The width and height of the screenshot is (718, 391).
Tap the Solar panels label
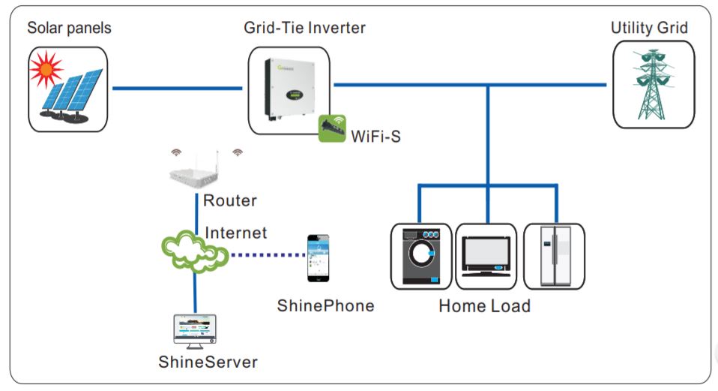point(69,29)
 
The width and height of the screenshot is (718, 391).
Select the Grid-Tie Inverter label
point(304,29)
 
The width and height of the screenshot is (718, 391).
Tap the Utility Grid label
point(649,29)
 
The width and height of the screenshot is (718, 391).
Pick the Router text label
point(229,201)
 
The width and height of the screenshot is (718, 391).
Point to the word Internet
point(235,233)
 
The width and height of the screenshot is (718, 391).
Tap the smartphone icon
point(317,257)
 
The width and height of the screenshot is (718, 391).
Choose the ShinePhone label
point(325,305)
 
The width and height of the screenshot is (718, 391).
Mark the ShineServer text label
point(208,362)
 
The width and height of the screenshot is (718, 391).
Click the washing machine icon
point(421,256)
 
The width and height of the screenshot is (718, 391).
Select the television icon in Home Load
point(485,257)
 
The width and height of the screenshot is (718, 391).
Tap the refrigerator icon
point(553,256)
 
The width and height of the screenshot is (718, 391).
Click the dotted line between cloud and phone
point(266,254)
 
